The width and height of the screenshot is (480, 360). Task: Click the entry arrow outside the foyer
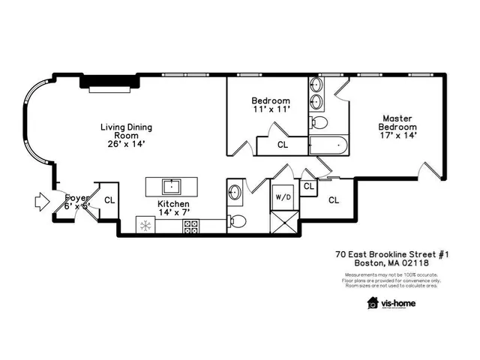[40, 200]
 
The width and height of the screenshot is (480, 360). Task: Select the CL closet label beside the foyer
[109, 200]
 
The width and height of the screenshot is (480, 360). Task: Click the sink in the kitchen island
[172, 185]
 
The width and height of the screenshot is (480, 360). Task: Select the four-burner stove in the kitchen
[190, 225]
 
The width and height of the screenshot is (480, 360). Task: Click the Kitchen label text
[173, 204]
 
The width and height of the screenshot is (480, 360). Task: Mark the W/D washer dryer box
[284, 197]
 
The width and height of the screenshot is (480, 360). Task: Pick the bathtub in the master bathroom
[328, 145]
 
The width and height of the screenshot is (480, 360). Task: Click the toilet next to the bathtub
[319, 121]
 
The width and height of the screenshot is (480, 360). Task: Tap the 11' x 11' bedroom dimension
[271, 109]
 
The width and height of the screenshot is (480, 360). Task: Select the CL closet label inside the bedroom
[283, 144]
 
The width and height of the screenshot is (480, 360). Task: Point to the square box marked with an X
[284, 223]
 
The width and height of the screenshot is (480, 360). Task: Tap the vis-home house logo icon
[373, 302]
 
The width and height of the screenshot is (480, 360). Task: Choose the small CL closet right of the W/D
[308, 186]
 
